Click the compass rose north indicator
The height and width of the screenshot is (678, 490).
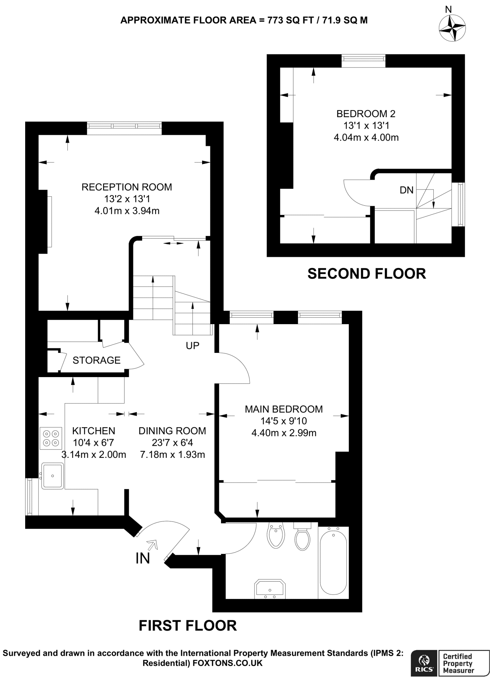[452, 28]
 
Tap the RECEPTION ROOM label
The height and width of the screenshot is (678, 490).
[127, 187]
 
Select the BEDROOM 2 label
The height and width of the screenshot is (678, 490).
[366, 114]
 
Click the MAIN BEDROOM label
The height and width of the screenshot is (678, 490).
[284, 409]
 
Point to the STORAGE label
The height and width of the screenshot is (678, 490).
[96, 360]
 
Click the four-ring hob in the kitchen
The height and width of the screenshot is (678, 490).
[51, 438]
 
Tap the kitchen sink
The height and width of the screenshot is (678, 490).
[52, 476]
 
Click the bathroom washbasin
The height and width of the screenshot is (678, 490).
[270, 589]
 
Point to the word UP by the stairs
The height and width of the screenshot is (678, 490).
[192, 346]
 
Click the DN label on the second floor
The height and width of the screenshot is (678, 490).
[407, 190]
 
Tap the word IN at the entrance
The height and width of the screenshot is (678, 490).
[143, 558]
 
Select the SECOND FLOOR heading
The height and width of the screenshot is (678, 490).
[366, 274]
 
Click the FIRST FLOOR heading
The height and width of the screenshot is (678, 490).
[188, 626]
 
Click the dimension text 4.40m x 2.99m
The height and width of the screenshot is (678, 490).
[284, 433]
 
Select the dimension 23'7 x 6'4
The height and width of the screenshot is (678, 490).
[172, 443]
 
